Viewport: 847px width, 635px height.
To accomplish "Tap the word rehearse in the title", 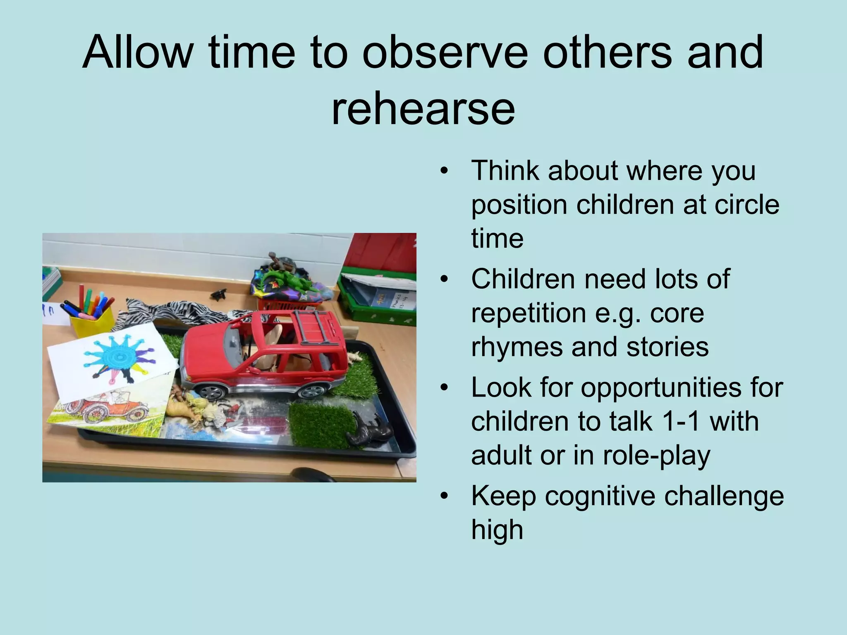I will (423, 108).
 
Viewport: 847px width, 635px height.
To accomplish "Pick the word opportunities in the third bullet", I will (682, 387).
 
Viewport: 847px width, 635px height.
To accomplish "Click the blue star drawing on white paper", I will (114, 356).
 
